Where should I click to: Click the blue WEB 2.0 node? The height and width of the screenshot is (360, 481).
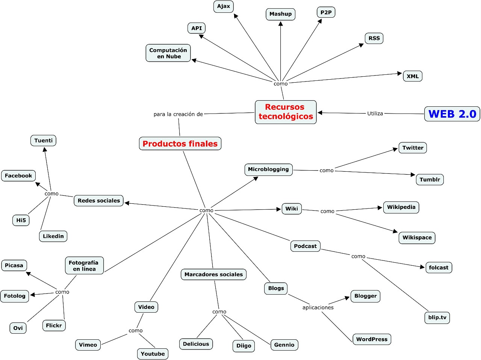[452, 114]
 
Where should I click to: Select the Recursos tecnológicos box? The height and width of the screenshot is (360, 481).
[286, 112]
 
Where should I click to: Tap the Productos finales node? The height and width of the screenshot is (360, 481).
[180, 144]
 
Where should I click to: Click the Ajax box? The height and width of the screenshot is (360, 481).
[224, 6]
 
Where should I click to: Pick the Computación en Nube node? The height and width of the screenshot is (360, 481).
[168, 53]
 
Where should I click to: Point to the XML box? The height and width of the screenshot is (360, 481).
[412, 76]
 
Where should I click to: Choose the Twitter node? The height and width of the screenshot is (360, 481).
[413, 148]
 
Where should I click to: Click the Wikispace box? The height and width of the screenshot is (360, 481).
[417, 237]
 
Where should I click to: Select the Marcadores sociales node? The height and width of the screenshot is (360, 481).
[213, 274]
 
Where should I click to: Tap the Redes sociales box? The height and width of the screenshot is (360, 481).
[99, 201]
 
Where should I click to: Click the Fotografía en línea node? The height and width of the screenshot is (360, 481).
[84, 266]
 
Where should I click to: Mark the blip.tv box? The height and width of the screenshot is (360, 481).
[437, 318]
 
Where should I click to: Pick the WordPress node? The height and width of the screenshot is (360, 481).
[372, 339]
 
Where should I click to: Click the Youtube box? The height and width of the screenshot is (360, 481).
[153, 354]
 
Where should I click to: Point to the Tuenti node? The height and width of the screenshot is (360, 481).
[43, 141]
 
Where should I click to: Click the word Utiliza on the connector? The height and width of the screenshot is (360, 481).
[375, 113]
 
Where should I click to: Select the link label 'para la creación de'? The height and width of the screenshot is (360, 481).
[178, 114]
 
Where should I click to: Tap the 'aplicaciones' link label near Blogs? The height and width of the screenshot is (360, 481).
[318, 307]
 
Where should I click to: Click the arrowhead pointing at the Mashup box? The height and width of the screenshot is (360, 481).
[280, 24]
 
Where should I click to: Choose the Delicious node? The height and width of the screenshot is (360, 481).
[196, 344]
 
